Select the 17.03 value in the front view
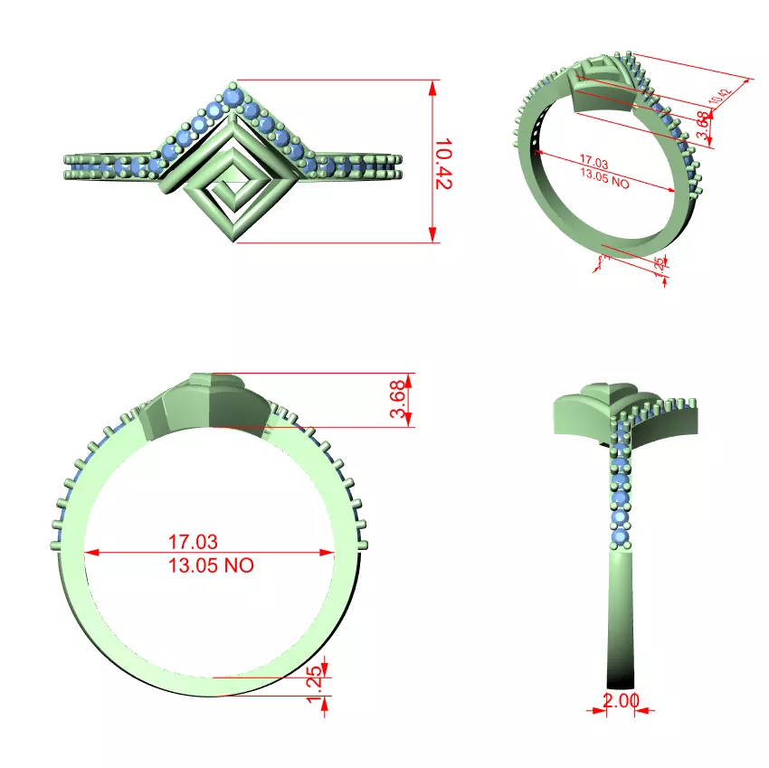pyautogui.click(x=193, y=542)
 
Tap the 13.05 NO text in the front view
pyautogui.click(x=211, y=565)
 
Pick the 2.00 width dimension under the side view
pyautogui.click(x=622, y=700)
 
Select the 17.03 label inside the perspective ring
pyautogui.click(x=593, y=163)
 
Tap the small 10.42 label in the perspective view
pyautogui.click(x=720, y=98)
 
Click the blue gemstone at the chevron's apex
pyautogui.click(x=234, y=95)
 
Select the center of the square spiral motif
pyautogui.click(x=232, y=185)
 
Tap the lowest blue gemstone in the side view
pyautogui.click(x=621, y=539)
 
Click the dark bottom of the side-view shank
pyautogui.click(x=621, y=678)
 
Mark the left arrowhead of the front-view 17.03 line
pyautogui.click(x=89, y=553)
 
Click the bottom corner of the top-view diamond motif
pyautogui.click(x=236, y=240)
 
